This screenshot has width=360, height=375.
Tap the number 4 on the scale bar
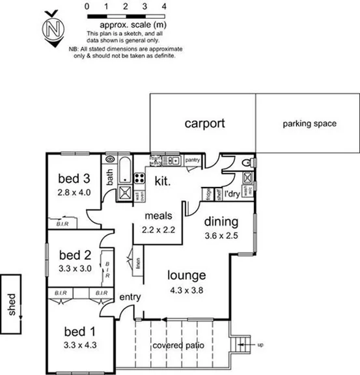pyautogui.click(x=163, y=5)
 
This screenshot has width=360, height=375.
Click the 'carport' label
pyautogui.click(x=204, y=122)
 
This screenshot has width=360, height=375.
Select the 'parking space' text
pyautogui.click(x=309, y=123)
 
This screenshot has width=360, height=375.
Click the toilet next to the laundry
pyautogui.click(x=246, y=163)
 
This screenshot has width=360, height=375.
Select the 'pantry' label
pyautogui.click(x=192, y=159)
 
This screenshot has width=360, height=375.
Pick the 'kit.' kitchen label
pyautogui.click(x=162, y=183)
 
